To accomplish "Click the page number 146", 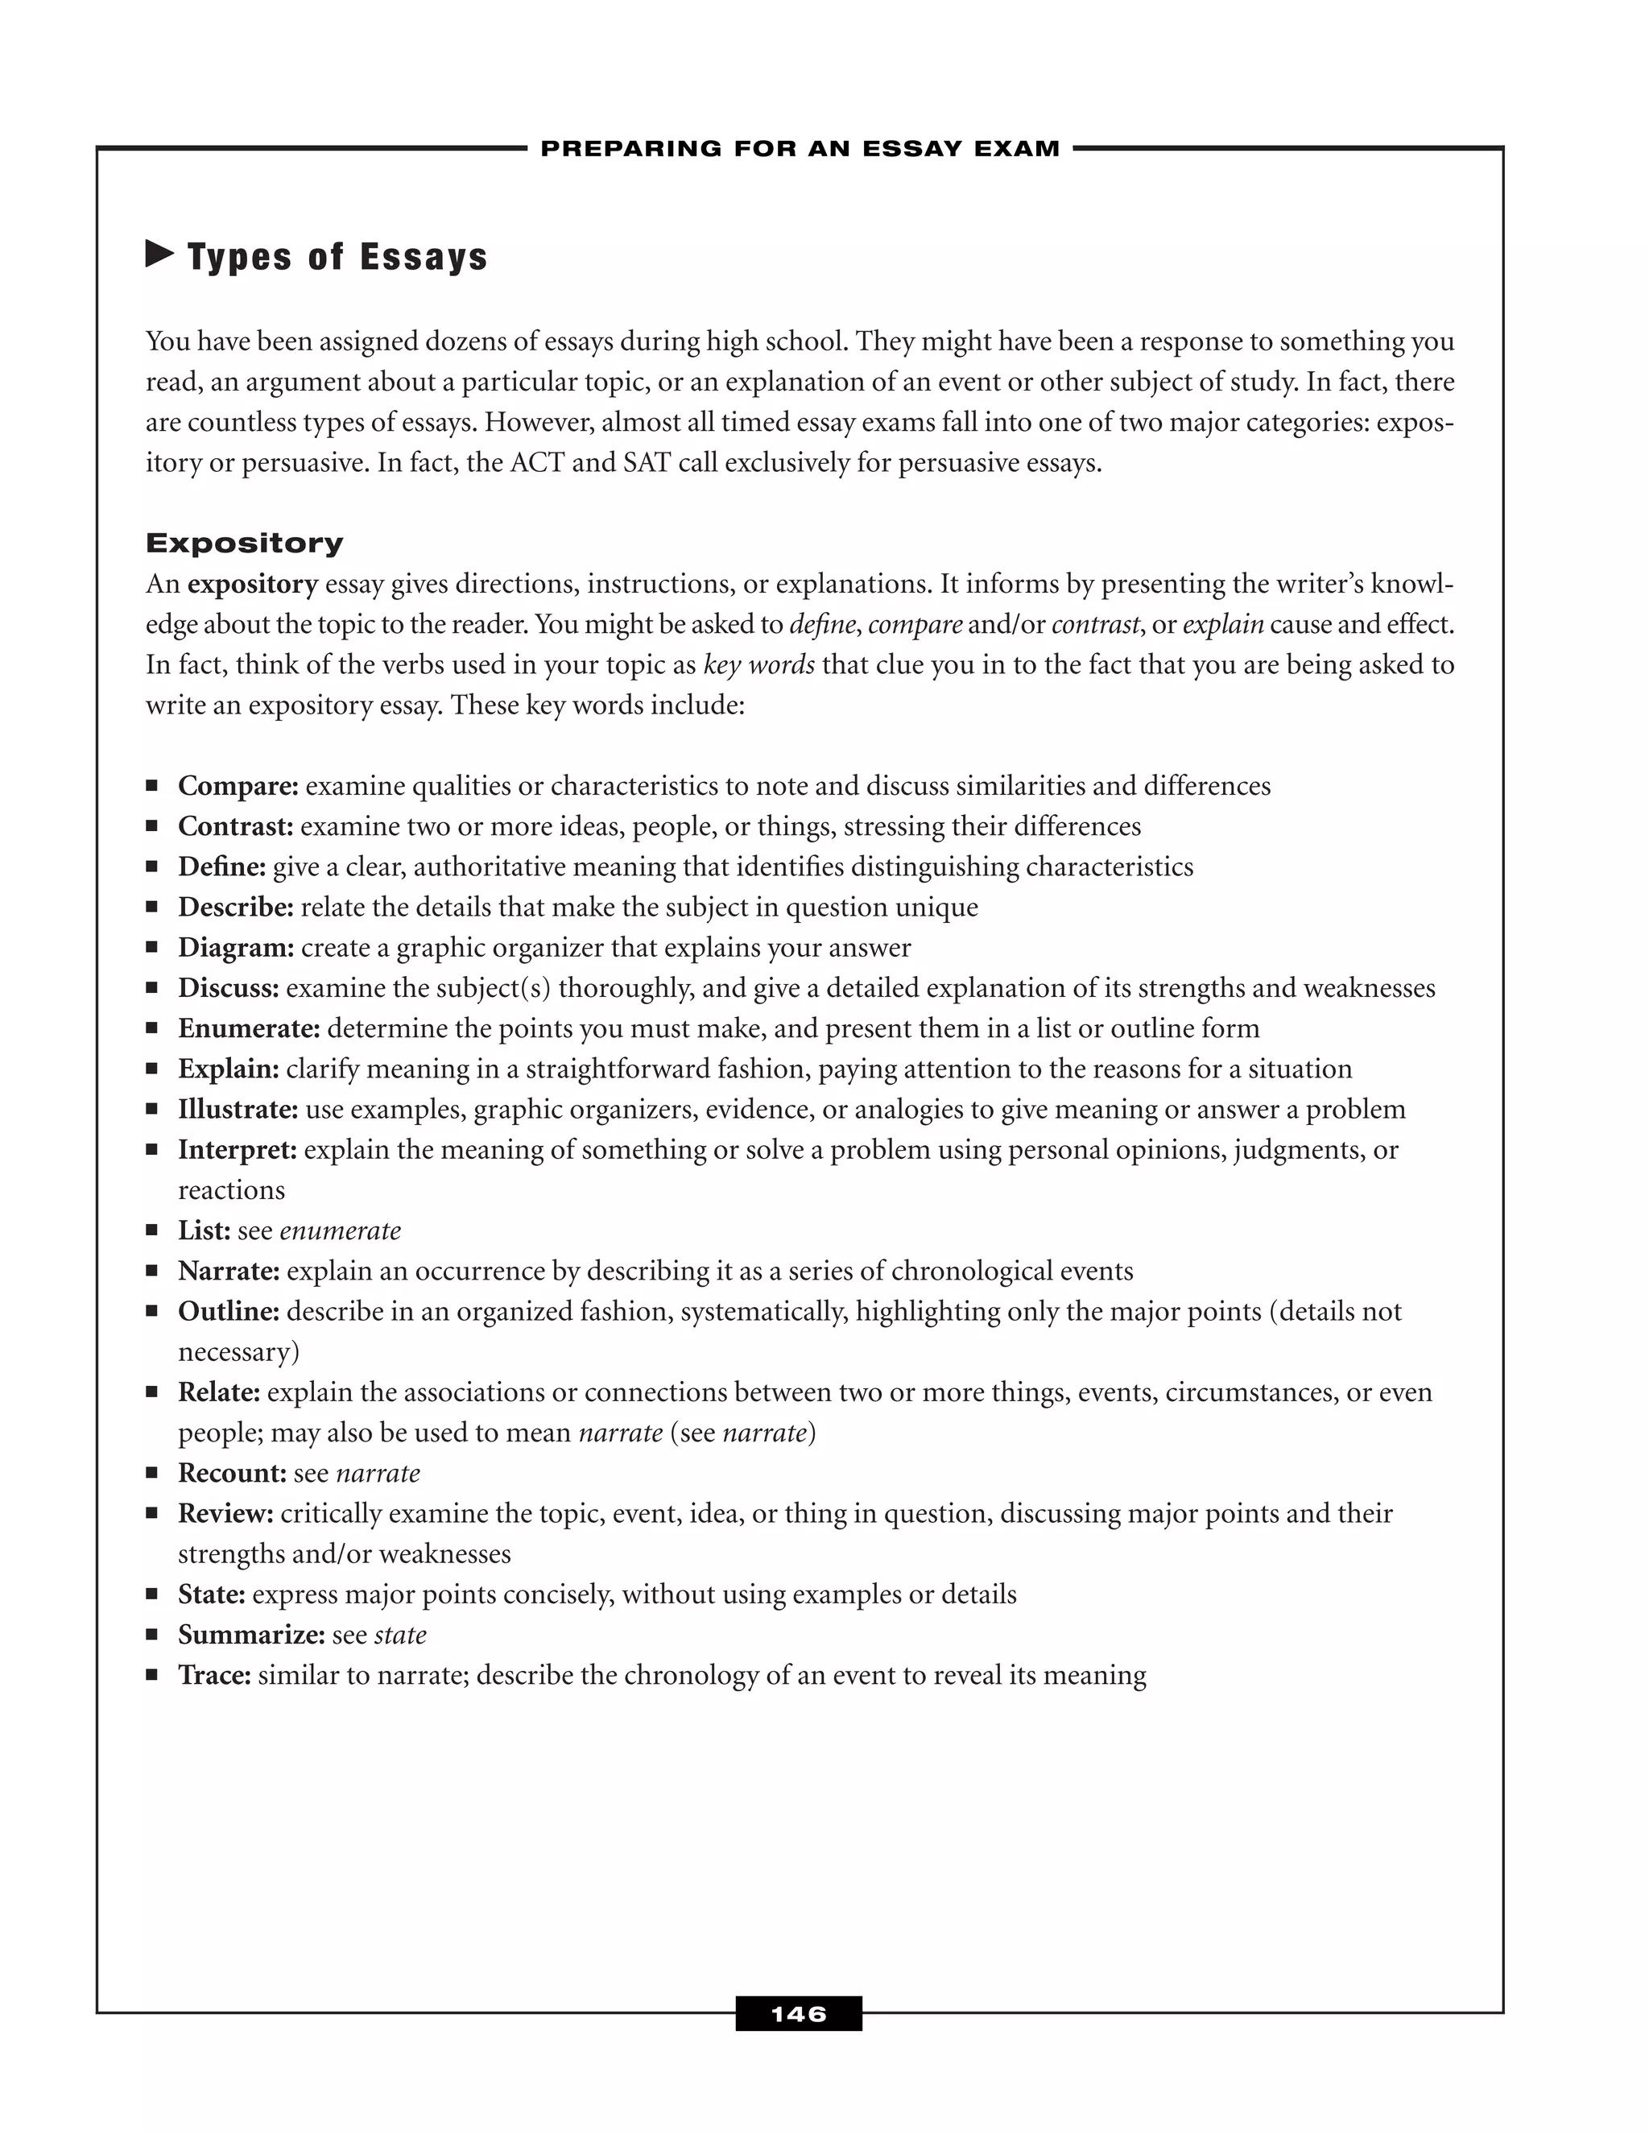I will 798,2014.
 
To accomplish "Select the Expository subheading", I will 244,544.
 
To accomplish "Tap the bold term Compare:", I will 238,786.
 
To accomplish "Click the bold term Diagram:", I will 235,947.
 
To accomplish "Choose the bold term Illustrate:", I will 238,1109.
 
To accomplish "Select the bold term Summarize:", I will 251,1635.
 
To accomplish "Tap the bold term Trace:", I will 215,1675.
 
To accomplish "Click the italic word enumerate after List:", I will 340,1230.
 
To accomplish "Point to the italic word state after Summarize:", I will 400,1635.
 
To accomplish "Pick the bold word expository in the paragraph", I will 253,585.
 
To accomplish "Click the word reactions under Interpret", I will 232,1190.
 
